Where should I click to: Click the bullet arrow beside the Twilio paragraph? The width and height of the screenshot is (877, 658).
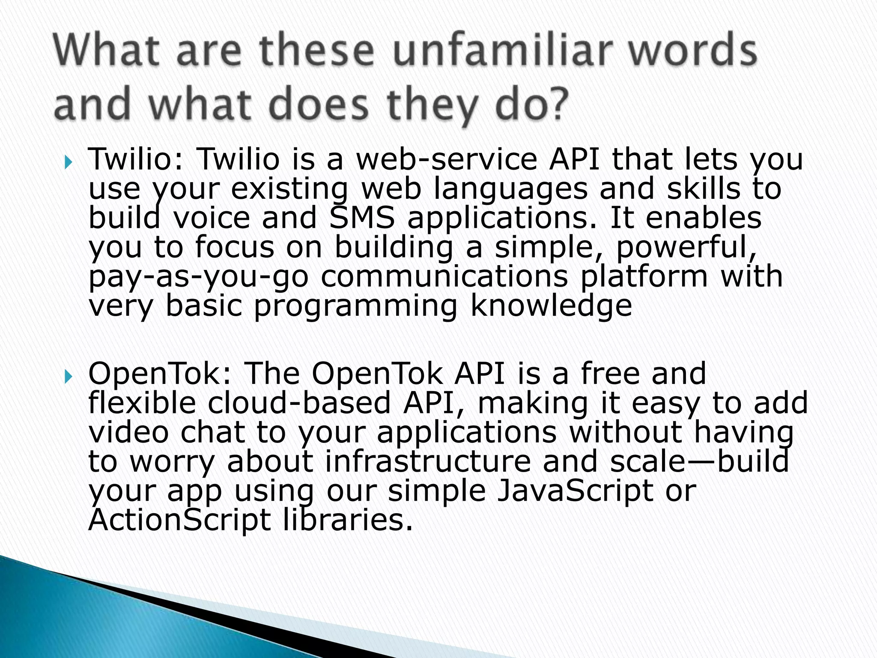click(x=69, y=163)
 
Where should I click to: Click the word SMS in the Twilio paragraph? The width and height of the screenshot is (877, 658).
click(x=362, y=218)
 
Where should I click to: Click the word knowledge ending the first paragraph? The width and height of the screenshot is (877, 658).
click(x=551, y=306)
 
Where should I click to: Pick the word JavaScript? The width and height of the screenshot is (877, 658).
click(x=574, y=491)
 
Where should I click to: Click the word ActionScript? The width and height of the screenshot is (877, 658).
click(x=179, y=520)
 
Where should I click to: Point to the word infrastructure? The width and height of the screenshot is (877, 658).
click(x=428, y=461)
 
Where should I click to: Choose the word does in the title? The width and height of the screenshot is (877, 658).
click(x=319, y=105)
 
